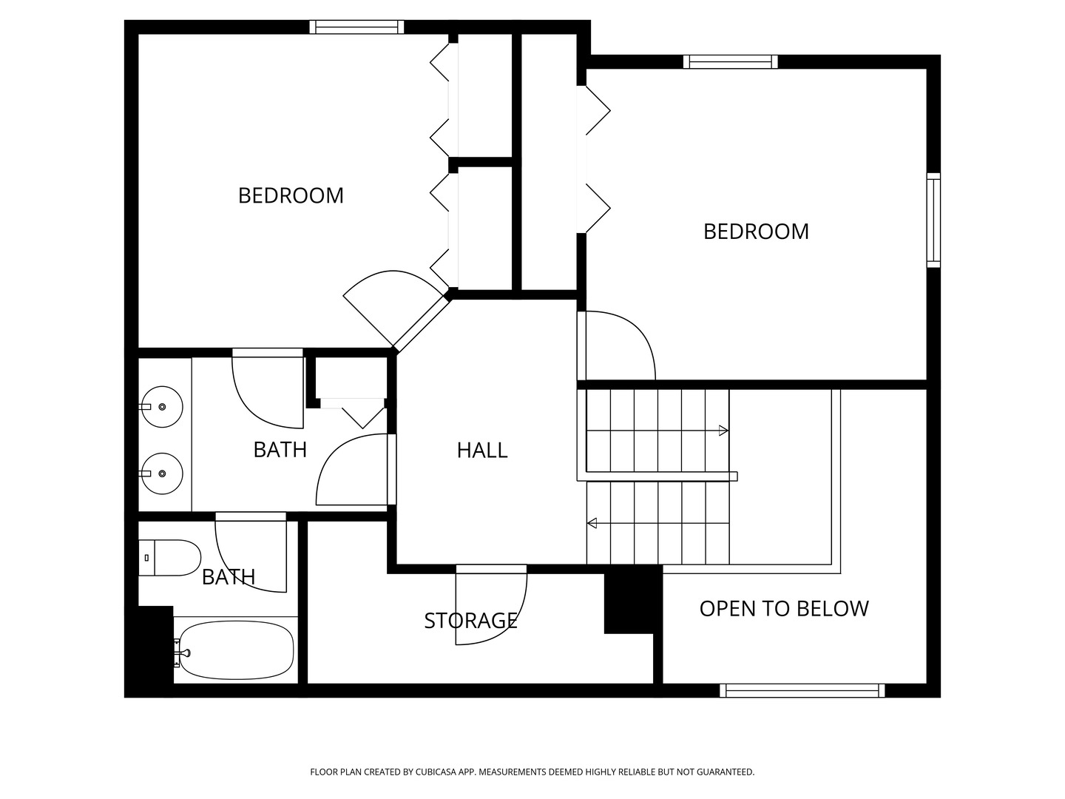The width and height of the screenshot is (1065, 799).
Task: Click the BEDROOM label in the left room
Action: coord(291,195)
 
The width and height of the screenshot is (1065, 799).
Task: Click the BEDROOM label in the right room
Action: coord(756,232)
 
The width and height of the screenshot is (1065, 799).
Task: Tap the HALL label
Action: coord(482,450)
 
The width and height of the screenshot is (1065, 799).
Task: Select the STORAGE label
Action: coord(470,620)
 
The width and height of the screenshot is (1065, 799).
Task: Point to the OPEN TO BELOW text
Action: coord(784,608)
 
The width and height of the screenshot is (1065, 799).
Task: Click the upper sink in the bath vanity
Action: coord(163,407)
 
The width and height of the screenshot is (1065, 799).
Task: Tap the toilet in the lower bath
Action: coord(170,558)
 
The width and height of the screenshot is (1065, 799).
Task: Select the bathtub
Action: coord(235,650)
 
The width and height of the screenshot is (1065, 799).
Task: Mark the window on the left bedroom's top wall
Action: coord(356,27)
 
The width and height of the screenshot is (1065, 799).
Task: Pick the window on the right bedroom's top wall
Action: coord(730,62)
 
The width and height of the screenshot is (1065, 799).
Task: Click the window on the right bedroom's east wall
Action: coord(933,220)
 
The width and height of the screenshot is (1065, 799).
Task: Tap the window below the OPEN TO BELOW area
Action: coord(802,690)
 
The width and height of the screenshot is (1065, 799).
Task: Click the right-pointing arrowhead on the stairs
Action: coord(724,431)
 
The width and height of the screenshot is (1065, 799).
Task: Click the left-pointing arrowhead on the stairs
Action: coord(592,524)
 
